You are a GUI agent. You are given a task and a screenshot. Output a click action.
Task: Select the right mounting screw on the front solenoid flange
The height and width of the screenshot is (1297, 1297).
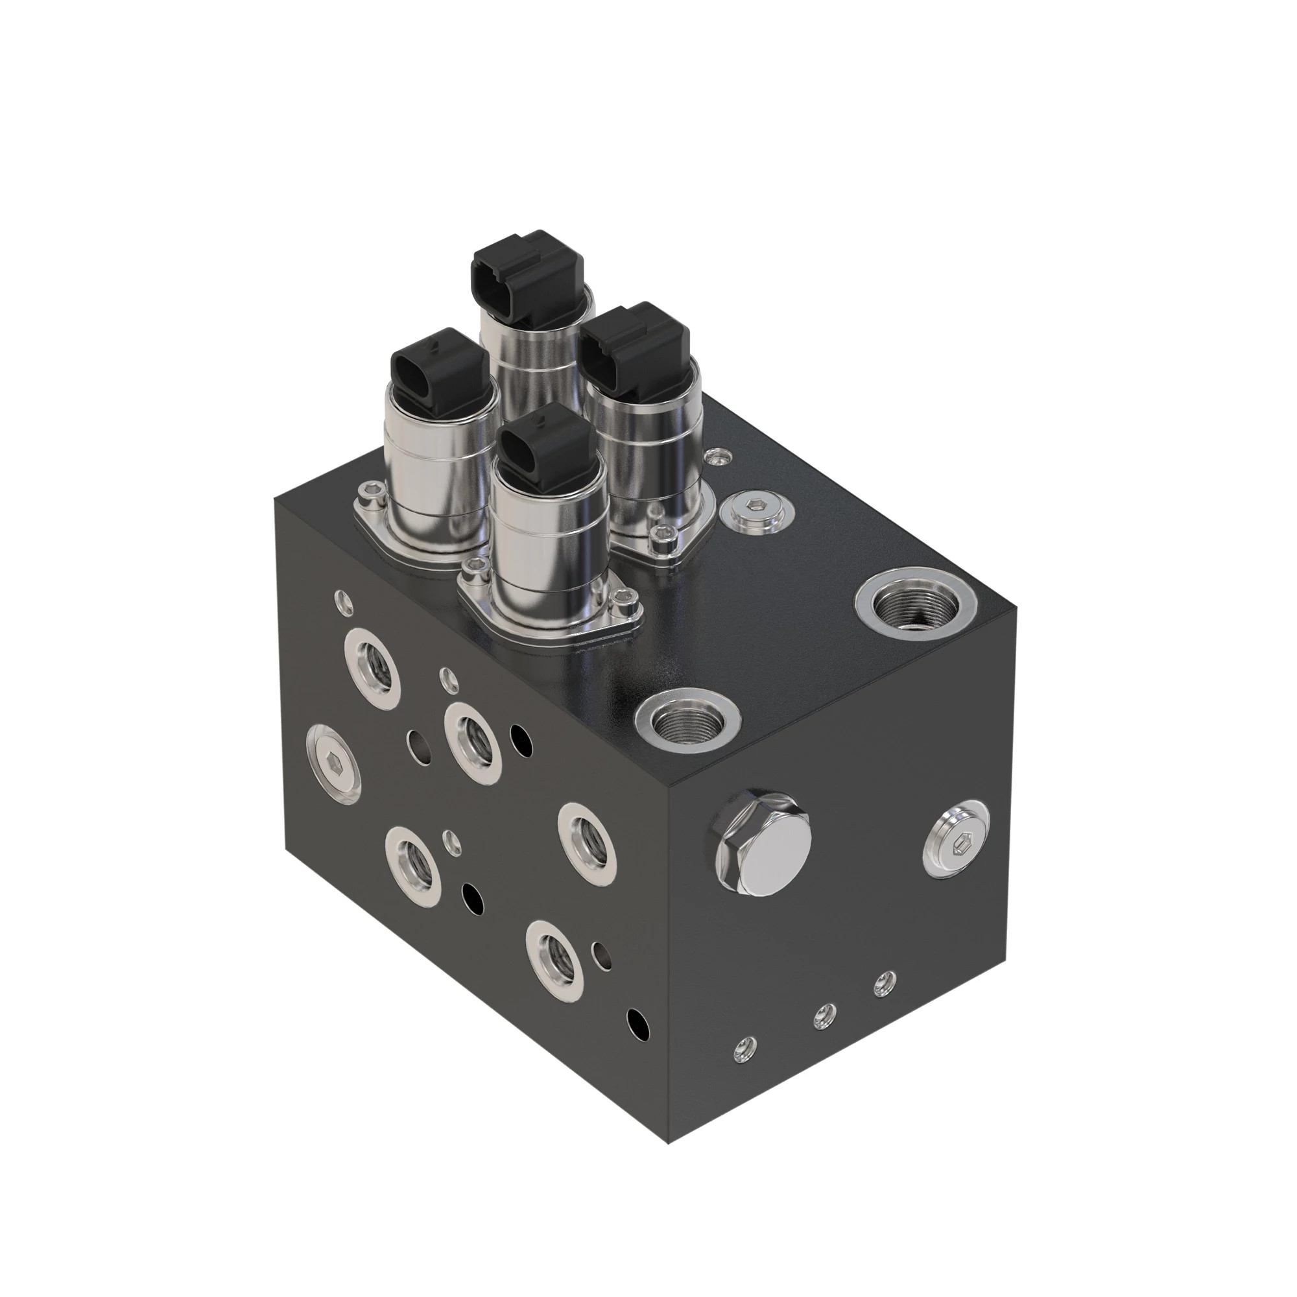point(625,595)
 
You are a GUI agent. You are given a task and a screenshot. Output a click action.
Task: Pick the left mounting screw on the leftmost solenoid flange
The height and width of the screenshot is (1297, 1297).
point(367,497)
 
